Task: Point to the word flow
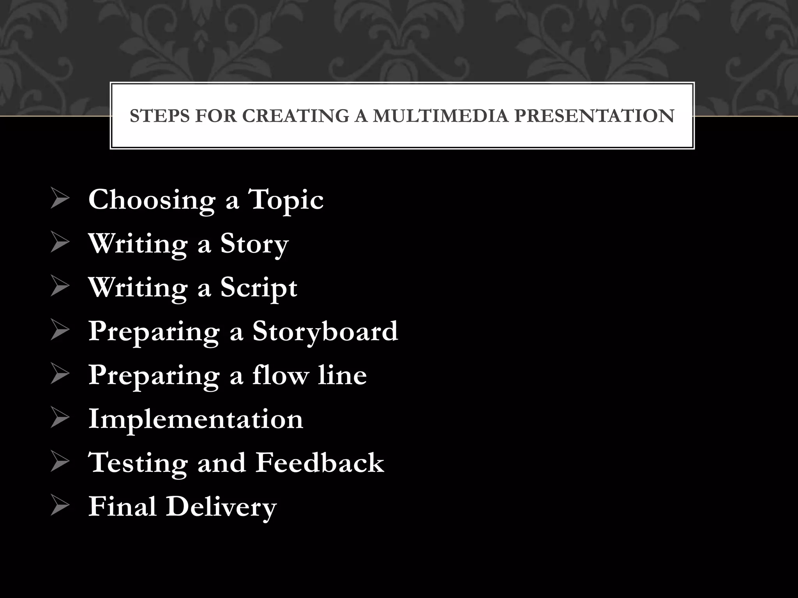(280, 375)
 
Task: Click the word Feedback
(320, 463)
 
